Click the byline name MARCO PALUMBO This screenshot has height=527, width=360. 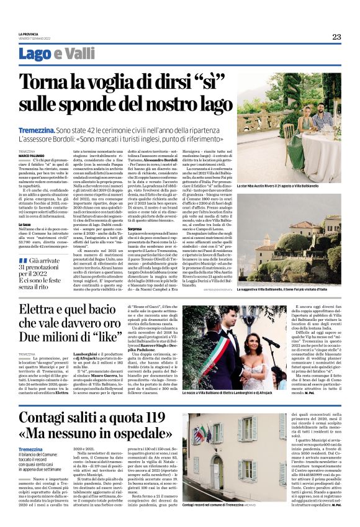31,155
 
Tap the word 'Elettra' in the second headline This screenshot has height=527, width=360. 42,307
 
